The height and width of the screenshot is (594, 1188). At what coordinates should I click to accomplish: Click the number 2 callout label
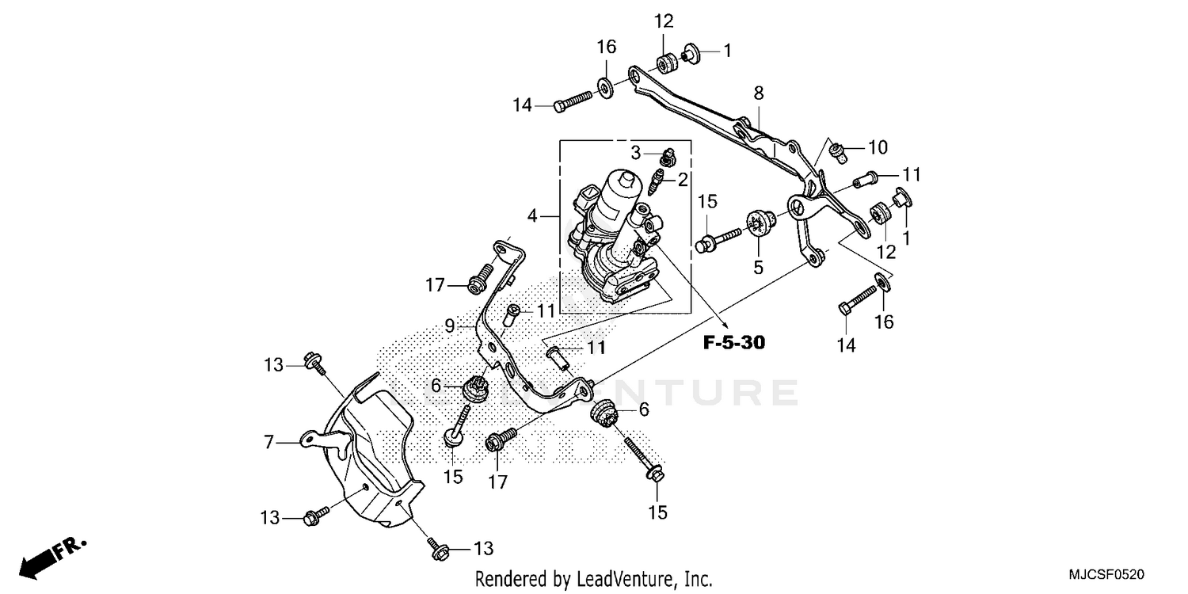tap(682, 181)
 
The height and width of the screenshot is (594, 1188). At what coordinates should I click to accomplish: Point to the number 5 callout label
tap(758, 267)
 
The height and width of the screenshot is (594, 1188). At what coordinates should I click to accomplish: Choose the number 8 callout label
tap(759, 93)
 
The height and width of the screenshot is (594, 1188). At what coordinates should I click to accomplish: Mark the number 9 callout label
tap(448, 325)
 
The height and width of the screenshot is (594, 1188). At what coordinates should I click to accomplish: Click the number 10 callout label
tap(878, 147)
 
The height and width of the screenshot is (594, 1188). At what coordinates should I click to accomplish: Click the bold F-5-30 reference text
tap(733, 343)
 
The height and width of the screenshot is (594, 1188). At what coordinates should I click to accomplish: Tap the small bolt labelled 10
tap(835, 150)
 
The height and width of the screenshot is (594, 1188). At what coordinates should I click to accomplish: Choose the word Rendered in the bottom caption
tap(506, 579)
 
